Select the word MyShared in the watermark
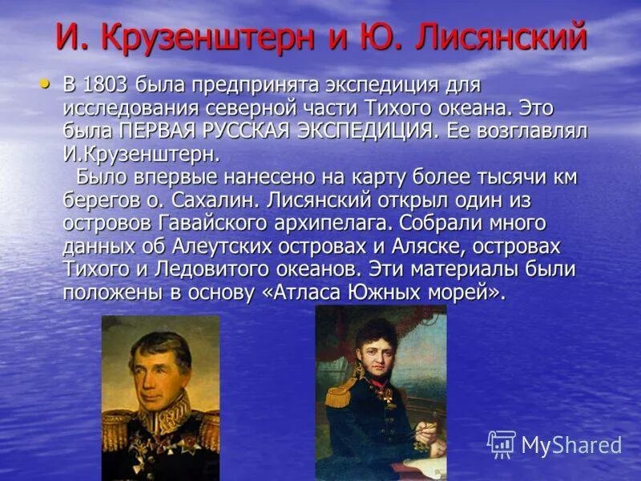coord(571,446)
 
